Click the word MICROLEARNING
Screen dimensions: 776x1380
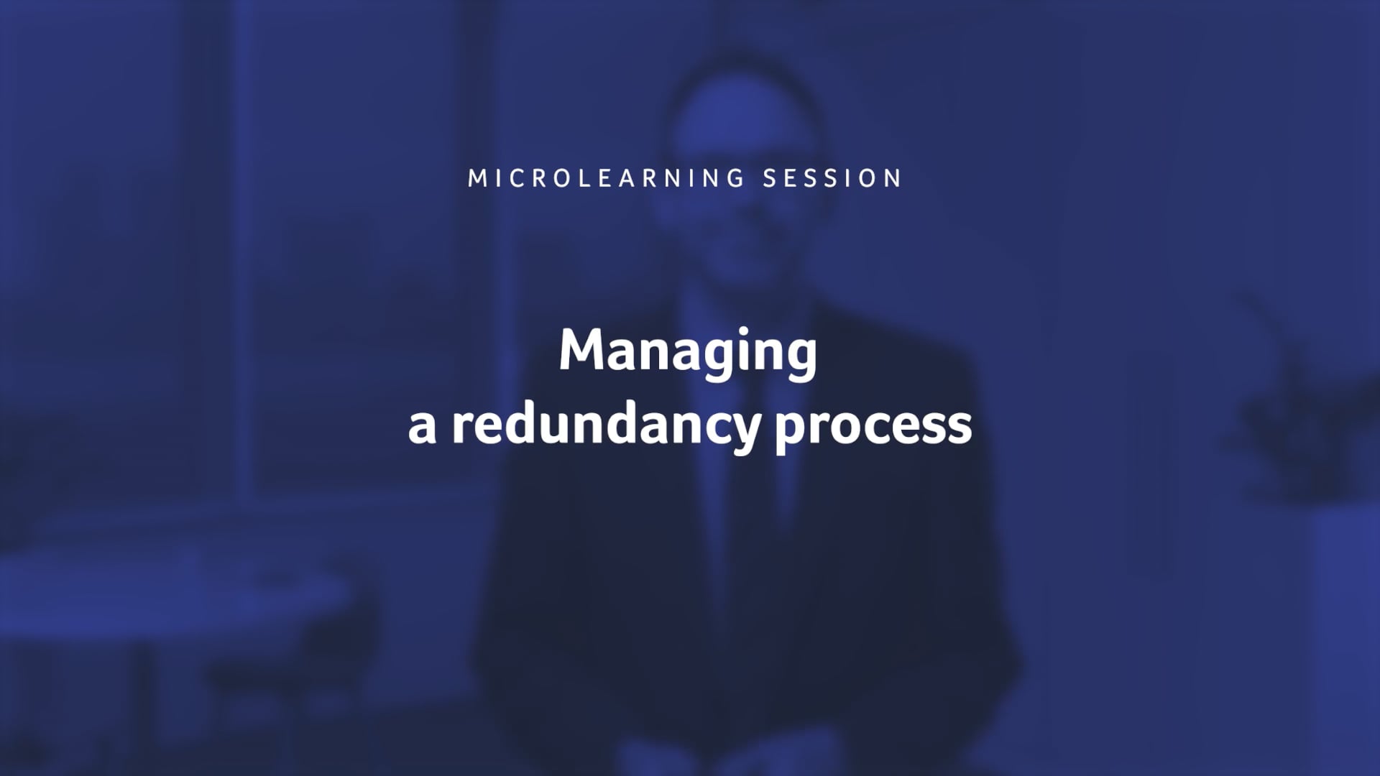pos(607,178)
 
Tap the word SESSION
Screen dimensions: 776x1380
pos(832,178)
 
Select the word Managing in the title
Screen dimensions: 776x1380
pos(688,352)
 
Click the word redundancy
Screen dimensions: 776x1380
pos(605,425)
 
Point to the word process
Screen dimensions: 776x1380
pos(873,427)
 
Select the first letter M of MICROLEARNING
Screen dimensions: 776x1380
pos(476,178)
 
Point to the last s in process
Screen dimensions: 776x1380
pos(960,428)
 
